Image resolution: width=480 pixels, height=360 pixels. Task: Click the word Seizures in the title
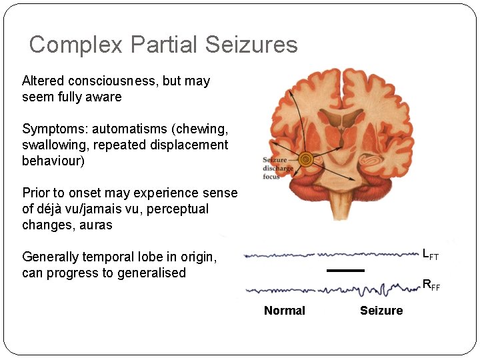[251, 45]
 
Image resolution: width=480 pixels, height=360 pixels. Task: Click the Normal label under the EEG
[285, 311]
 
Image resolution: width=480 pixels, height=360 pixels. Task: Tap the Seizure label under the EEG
[381, 311]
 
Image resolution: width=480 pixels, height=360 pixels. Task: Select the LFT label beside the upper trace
[430, 254]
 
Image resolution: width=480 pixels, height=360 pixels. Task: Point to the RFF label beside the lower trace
[431, 285]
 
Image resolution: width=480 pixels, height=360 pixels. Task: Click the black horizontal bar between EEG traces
[345, 270]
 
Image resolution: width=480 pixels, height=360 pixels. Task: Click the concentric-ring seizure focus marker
[306, 159]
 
